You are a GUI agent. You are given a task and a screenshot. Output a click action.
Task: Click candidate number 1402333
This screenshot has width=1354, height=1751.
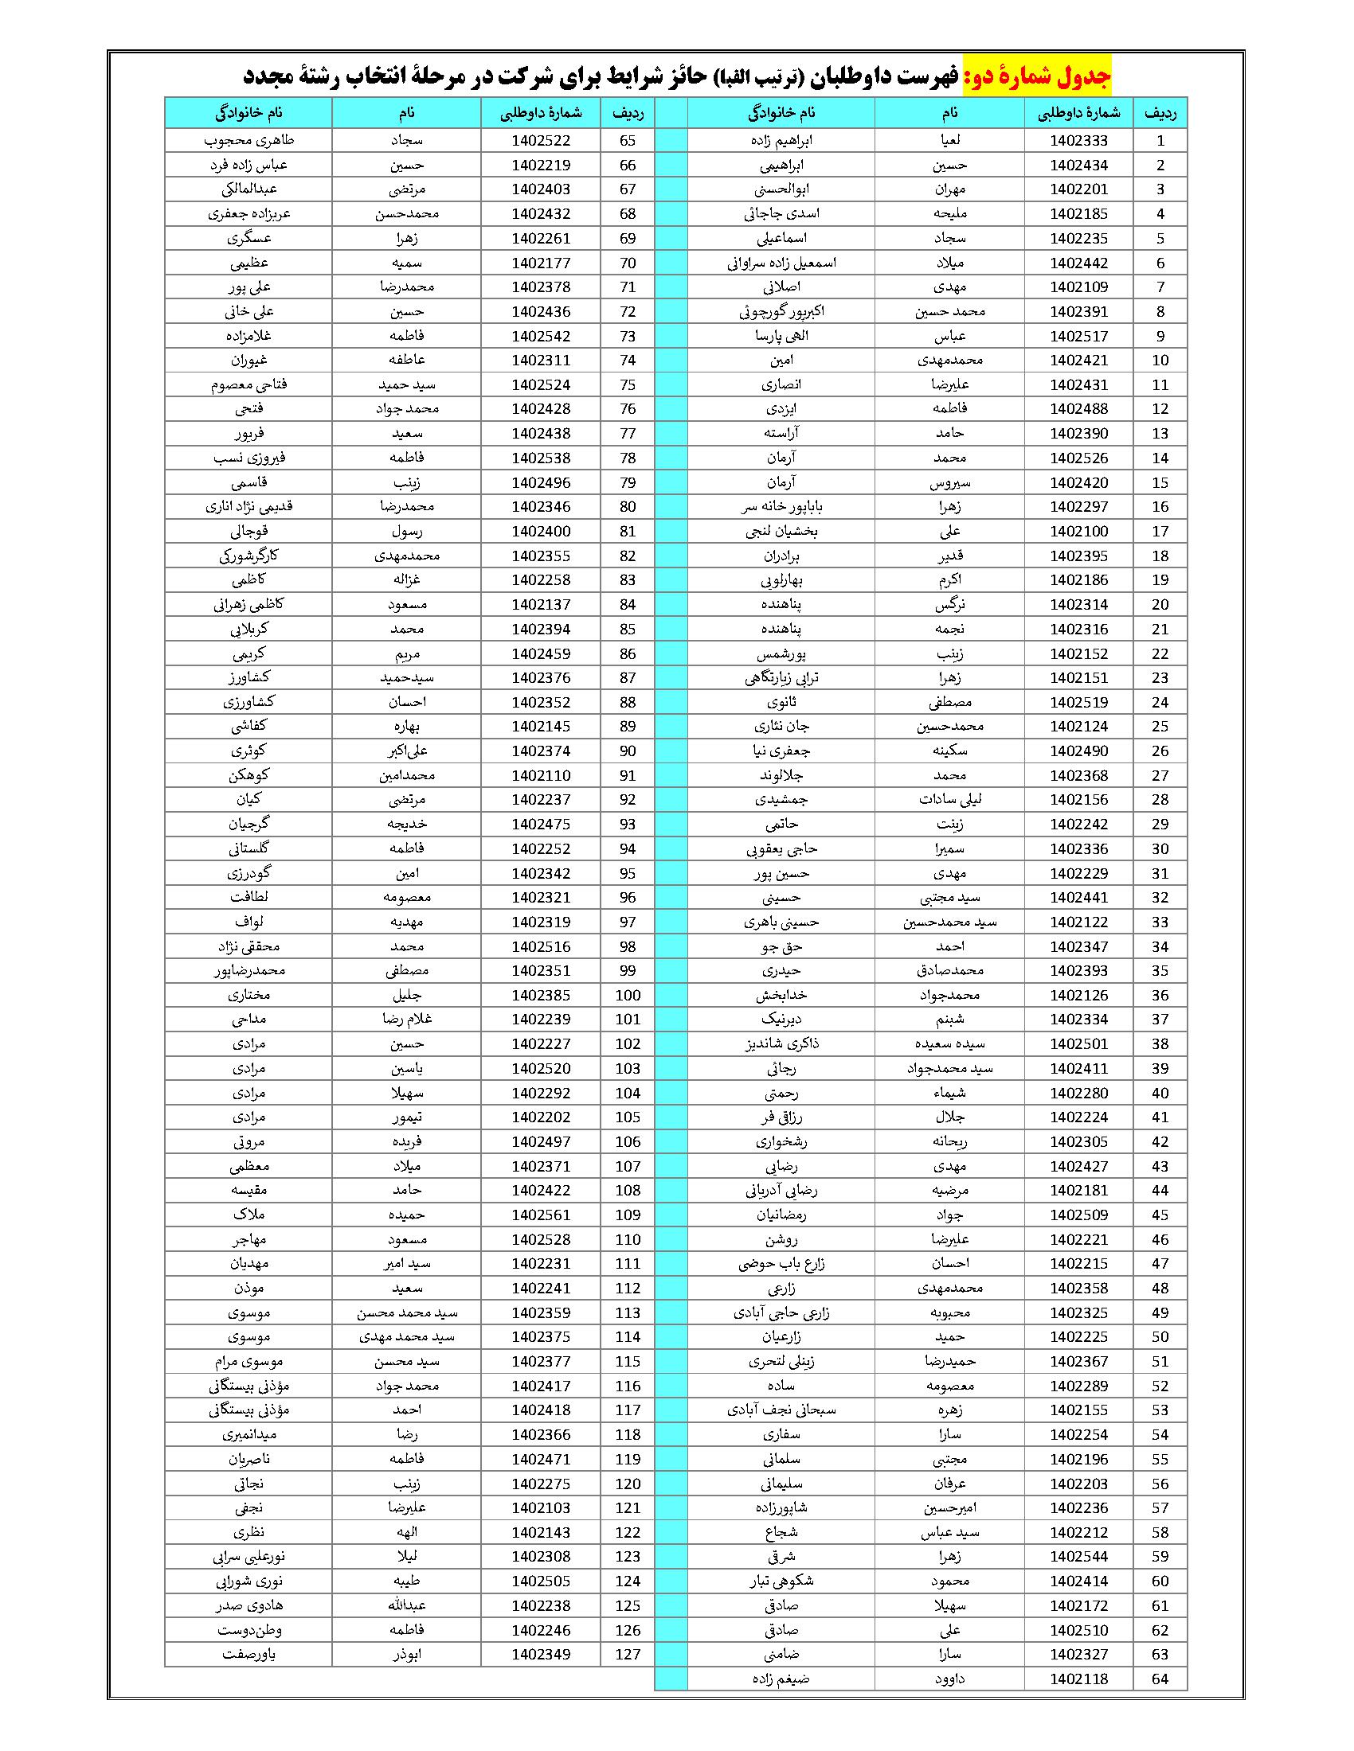pos(1078,141)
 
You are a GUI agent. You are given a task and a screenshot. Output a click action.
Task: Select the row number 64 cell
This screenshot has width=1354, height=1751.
pos(1160,1679)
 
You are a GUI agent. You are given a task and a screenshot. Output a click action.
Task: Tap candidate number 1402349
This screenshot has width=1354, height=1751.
pos(541,1655)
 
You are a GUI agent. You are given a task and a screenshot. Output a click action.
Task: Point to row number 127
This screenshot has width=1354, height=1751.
pos(628,1655)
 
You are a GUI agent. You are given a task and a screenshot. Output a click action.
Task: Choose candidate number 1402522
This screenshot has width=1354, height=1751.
pos(541,141)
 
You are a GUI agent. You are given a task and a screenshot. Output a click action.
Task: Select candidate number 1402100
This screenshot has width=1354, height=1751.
pos(1078,532)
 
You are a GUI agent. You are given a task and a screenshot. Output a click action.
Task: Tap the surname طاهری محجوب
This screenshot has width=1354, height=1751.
pos(248,141)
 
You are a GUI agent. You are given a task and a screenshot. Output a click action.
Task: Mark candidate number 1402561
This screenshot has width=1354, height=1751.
pos(541,1215)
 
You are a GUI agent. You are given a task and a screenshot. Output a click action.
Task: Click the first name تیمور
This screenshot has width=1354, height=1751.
pos(406,1117)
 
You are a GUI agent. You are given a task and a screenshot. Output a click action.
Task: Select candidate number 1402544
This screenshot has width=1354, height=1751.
pos(1078,1557)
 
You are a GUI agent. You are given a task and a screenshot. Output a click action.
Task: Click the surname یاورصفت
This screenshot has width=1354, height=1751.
pos(248,1655)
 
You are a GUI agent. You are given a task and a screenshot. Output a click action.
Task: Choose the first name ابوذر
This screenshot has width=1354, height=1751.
pos(406,1655)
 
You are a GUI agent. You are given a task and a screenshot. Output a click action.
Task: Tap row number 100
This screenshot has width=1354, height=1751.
pos(628,996)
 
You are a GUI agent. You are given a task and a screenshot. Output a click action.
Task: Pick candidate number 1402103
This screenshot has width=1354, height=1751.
pos(541,1508)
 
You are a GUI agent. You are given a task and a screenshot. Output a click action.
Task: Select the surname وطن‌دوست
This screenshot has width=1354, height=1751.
pos(248,1630)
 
